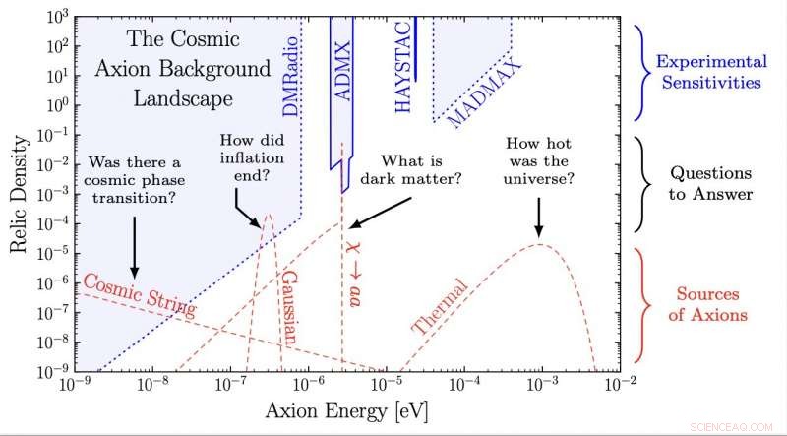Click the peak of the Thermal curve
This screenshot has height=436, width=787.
[x=540, y=244]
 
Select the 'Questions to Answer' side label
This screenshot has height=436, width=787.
[x=710, y=184]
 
